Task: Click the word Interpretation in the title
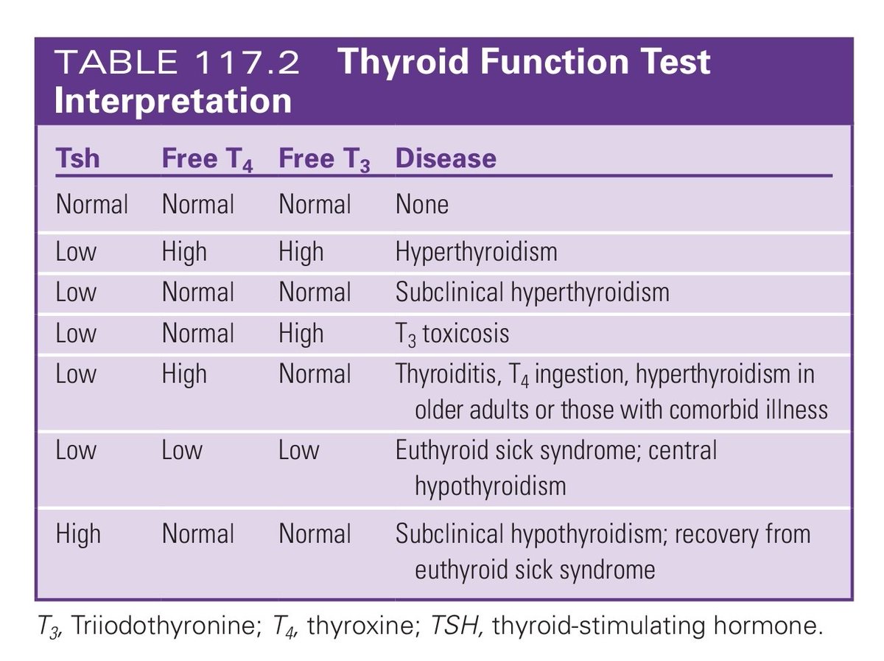click(x=173, y=100)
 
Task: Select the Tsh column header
click(x=77, y=158)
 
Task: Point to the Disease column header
click(x=446, y=158)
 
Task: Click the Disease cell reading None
click(x=421, y=204)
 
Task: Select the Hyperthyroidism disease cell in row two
click(x=476, y=252)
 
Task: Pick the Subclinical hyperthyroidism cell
click(x=532, y=293)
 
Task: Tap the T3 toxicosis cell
click(x=452, y=334)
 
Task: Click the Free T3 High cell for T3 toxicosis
click(x=301, y=334)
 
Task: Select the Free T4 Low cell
click(x=181, y=450)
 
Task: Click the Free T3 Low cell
click(x=298, y=450)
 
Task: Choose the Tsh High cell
click(x=78, y=534)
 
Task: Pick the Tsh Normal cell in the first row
click(x=91, y=204)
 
